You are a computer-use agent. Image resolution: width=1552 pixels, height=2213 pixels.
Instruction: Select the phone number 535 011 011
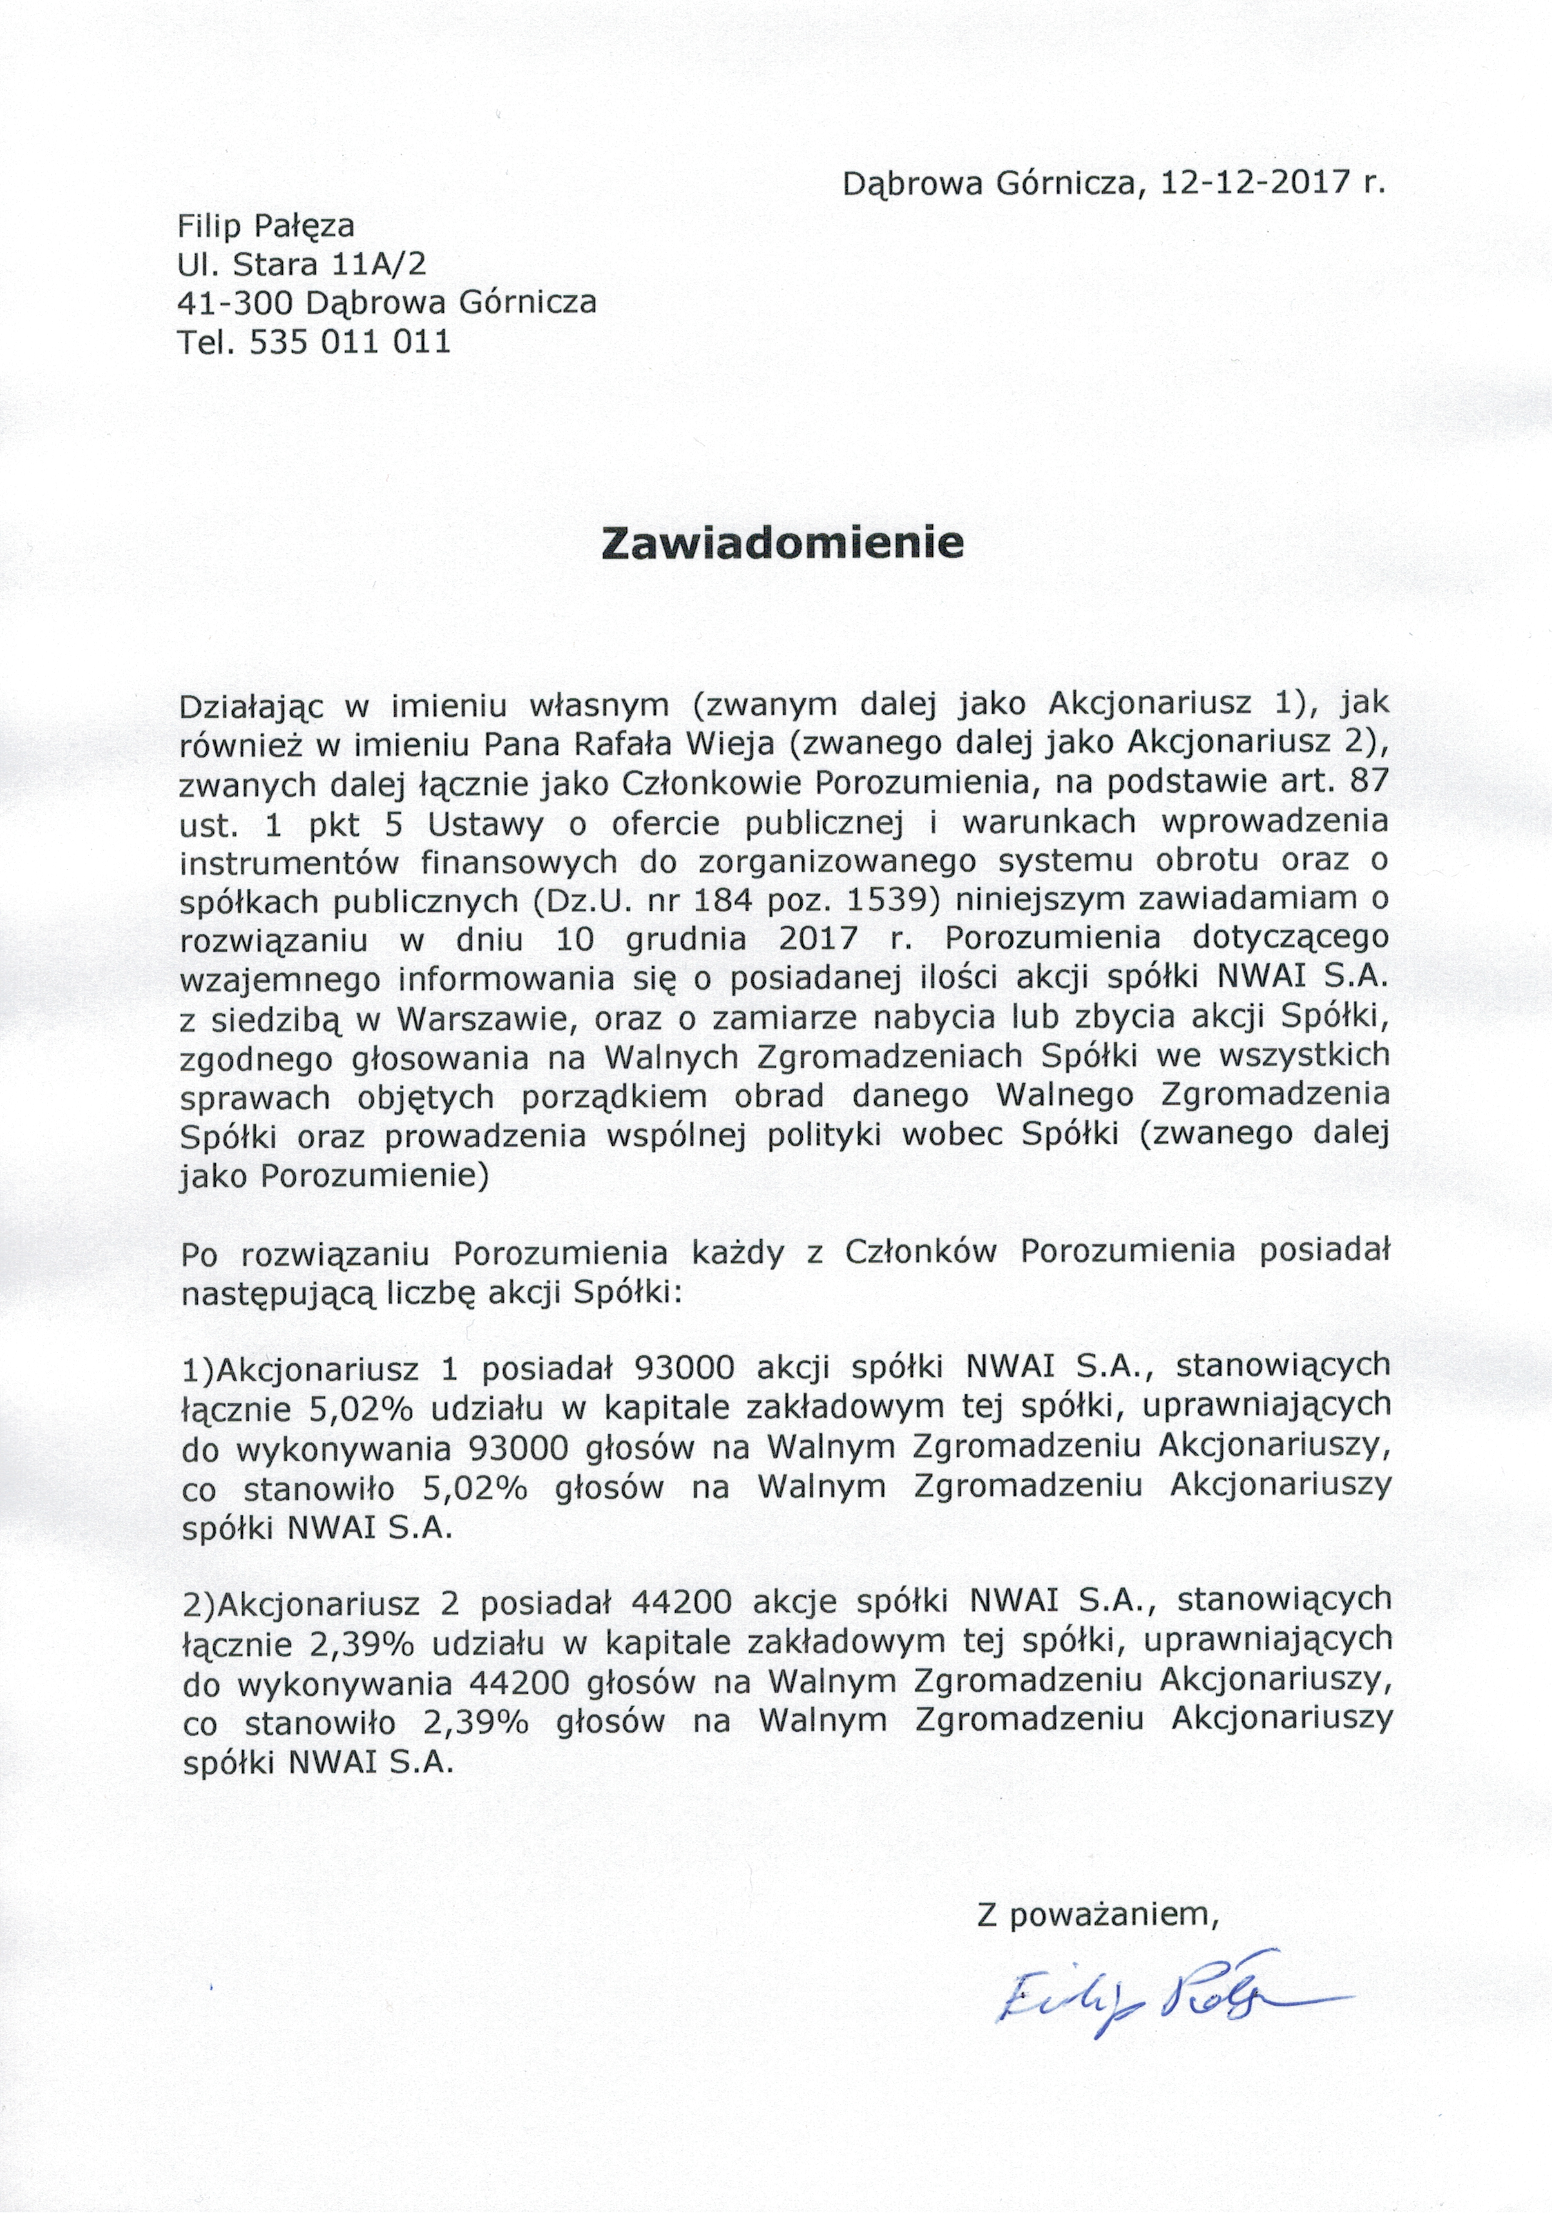tap(350, 342)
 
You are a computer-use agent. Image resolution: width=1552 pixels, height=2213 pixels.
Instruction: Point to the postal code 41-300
tap(237, 303)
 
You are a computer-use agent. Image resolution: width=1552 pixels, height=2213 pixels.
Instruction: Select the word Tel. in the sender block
tap(206, 342)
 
